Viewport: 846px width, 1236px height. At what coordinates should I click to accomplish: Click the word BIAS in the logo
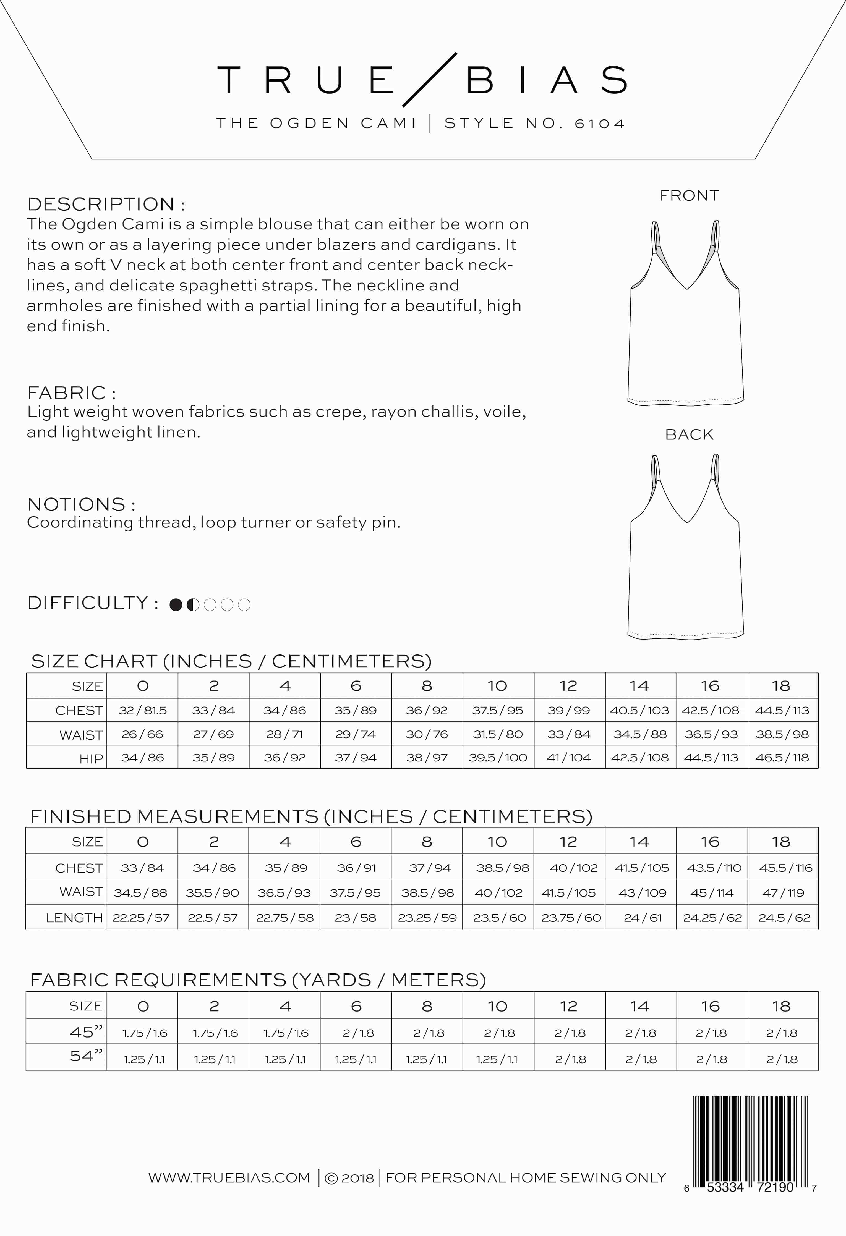point(547,80)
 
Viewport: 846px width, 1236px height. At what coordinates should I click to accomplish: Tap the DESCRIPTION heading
point(106,204)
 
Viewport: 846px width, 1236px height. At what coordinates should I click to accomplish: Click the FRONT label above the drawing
point(689,196)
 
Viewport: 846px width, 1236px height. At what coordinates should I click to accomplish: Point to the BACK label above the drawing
point(689,434)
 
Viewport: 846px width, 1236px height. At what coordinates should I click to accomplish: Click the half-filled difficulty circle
point(193,605)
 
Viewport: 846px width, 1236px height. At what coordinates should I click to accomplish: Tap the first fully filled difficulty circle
point(176,605)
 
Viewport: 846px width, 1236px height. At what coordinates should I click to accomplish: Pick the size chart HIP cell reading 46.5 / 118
point(782,757)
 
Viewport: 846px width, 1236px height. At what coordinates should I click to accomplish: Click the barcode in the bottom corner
point(750,1143)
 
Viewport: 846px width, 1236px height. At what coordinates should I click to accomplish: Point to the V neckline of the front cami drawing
point(687,287)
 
